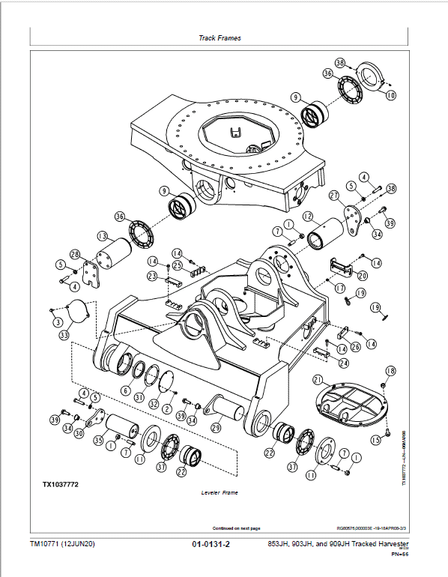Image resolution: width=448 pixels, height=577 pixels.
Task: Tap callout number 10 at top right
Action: click(x=390, y=96)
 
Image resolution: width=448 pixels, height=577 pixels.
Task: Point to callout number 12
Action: click(x=308, y=216)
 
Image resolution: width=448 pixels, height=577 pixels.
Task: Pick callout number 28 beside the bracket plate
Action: click(x=75, y=254)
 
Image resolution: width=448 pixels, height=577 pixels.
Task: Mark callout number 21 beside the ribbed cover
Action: click(x=318, y=379)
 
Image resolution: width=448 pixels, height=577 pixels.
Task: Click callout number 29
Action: click(x=217, y=428)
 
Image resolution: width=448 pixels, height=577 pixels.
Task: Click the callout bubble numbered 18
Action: click(x=390, y=371)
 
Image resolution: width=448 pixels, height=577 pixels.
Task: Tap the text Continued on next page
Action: click(x=237, y=527)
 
